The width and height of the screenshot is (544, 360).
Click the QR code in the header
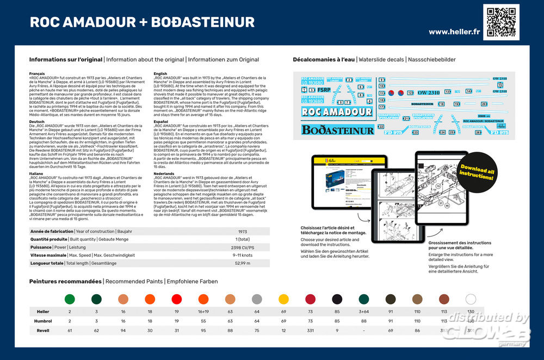502,22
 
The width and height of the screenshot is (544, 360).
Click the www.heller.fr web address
454,32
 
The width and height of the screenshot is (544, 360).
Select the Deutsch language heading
36,122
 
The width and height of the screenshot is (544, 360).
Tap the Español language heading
162,122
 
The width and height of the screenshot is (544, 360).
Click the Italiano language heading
37,173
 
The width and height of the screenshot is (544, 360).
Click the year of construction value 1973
242,232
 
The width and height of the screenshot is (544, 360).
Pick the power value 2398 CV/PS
242,247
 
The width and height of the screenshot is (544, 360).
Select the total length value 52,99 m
242,263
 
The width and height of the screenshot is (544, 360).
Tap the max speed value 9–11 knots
242,256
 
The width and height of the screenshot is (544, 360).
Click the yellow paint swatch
283,299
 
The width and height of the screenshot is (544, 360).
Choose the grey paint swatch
257,299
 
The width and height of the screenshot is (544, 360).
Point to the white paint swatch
471,299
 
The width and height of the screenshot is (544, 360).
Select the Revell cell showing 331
310,330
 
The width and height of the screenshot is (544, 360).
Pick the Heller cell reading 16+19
203,312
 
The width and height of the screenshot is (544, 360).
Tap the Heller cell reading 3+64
363,312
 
